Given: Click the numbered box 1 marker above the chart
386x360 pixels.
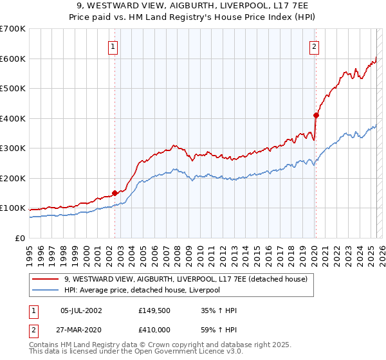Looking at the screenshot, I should click(x=113, y=46).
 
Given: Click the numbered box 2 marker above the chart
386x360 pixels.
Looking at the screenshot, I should click(x=314, y=46).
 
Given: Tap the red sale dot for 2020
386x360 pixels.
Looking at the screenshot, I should click(x=316, y=116).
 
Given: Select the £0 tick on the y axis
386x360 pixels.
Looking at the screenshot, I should click(x=19, y=238).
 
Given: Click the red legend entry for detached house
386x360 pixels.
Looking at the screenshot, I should click(x=186, y=279).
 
